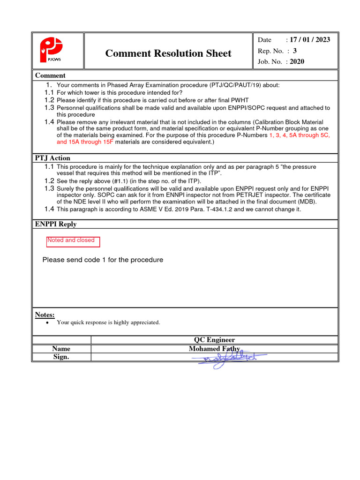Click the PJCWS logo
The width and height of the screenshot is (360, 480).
pyautogui.click(x=50, y=51)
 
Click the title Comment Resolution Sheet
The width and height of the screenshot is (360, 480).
pyautogui.click(x=168, y=53)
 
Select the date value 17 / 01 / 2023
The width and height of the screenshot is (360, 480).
pyautogui.click(x=309, y=40)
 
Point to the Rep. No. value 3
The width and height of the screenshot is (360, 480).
pyautogui.click(x=295, y=51)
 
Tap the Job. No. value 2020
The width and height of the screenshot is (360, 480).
pyautogui.click(x=297, y=61)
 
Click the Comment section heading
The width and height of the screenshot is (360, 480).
pyautogui.click(x=50, y=75)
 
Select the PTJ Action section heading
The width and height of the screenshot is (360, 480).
pyautogui.click(x=52, y=158)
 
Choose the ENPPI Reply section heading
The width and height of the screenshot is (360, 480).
pyautogui.click(x=56, y=224)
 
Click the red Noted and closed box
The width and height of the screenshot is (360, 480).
pyautogui.click(x=73, y=241)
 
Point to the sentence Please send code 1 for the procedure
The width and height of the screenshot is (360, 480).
pyautogui.click(x=103, y=260)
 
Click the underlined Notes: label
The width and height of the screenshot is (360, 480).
pyautogui.click(x=45, y=314)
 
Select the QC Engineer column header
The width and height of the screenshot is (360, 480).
pyautogui.click(x=214, y=340)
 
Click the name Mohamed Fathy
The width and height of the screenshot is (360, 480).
pyautogui.click(x=214, y=349)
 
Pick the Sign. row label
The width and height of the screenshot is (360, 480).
pyautogui.click(x=61, y=357)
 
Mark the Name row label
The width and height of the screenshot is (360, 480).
pyautogui.click(x=61, y=349)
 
